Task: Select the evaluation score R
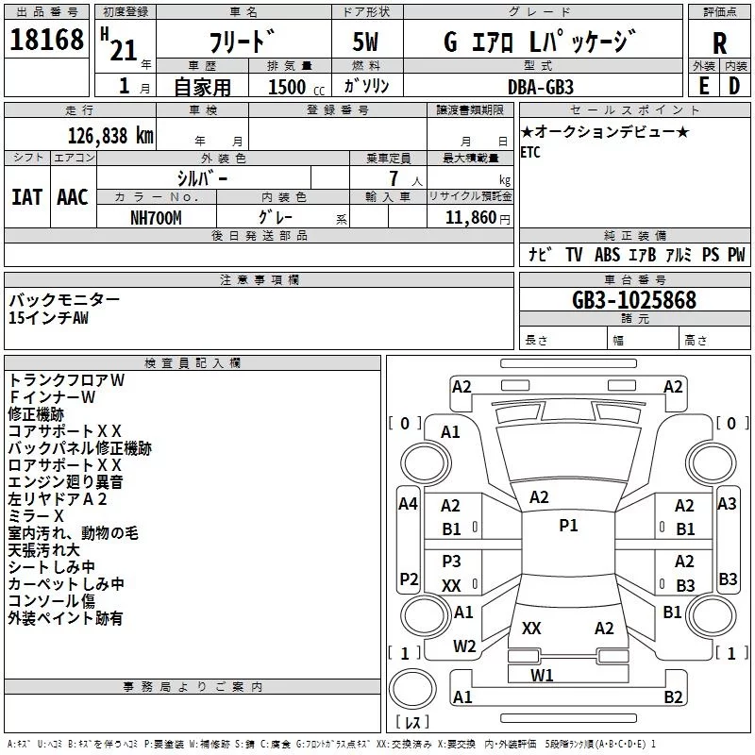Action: click(719, 43)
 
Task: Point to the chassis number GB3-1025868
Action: click(634, 301)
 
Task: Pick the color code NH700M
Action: click(157, 217)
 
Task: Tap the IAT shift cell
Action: click(26, 196)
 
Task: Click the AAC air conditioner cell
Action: click(72, 196)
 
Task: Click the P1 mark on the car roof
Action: click(568, 526)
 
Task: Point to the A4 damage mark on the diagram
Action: click(408, 504)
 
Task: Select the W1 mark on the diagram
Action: click(542, 675)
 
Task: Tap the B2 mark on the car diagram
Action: click(673, 696)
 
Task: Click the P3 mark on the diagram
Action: click(451, 562)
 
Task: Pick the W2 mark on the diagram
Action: click(463, 646)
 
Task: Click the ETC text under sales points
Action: click(530, 153)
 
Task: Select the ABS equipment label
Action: click(607, 255)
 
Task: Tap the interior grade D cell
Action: click(733, 86)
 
